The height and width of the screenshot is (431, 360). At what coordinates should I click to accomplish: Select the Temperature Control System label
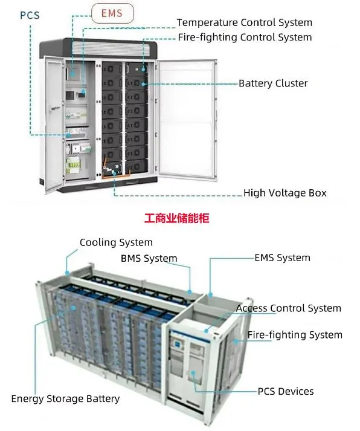point(244,22)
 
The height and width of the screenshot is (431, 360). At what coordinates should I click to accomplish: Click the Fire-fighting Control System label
point(245,37)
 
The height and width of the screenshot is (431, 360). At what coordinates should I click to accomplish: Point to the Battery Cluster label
point(273,83)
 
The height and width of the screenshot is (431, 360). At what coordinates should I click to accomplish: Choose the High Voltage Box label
point(284,193)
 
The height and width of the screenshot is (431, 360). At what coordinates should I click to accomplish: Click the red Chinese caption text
point(176,218)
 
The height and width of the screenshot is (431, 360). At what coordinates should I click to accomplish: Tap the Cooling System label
point(116,242)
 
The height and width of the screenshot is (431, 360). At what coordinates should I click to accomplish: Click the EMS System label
point(282,258)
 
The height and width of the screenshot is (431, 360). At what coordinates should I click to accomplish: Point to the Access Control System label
point(288,308)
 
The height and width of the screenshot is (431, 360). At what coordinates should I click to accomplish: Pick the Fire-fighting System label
point(295,335)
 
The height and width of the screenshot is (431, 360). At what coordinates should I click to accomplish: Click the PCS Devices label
point(286,391)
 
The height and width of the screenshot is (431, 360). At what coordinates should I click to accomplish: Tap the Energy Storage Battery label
point(65,399)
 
